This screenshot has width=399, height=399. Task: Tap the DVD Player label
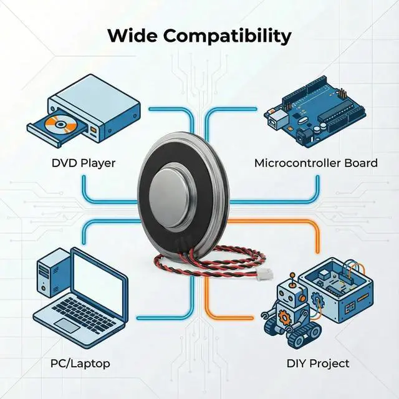[84, 163]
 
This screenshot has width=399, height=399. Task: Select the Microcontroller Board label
[315, 163]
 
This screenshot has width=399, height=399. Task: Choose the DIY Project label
[318, 363]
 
